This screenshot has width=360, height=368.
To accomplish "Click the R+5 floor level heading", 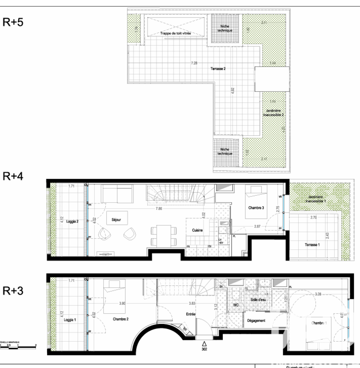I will tap(13, 22).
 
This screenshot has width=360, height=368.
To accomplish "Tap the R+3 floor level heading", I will tap(13, 291).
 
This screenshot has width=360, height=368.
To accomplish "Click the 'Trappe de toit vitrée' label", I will tap(175, 33).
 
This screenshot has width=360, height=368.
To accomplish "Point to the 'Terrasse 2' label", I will tap(218, 68).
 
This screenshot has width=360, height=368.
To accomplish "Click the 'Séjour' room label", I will tap(116, 219).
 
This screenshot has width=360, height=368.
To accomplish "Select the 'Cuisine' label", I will tap(197, 230).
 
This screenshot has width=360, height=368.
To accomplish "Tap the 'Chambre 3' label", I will tap(256, 208).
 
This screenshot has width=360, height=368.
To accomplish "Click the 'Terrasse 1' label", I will tap(312, 245).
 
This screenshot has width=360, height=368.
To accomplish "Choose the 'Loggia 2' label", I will tap(72, 222).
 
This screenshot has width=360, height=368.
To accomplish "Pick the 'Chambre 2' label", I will tap(121, 319).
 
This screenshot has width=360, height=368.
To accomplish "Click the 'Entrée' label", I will tap(191, 314).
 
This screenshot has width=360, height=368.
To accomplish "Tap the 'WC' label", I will tap(236, 305).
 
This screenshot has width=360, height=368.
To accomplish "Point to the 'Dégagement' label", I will tap(256, 320).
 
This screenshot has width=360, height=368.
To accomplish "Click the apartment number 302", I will tap(204, 349).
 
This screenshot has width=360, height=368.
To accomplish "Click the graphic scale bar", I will tap(18, 347).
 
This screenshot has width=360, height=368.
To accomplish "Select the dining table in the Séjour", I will tap(164, 235).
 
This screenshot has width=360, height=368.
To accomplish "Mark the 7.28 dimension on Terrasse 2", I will tap(194, 63).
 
